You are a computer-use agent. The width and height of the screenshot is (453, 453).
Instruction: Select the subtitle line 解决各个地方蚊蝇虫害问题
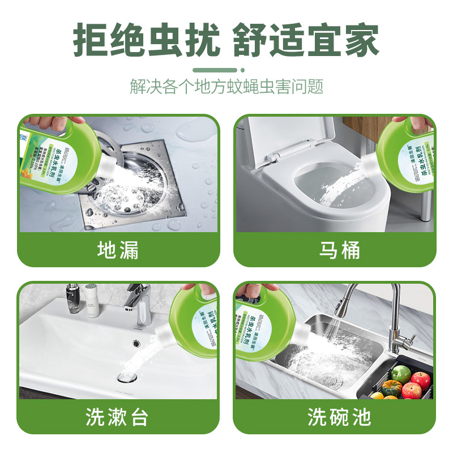(226, 87)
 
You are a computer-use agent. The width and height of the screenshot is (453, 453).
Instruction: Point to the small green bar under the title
(226, 70)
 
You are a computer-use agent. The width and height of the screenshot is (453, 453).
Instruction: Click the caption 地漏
(118, 250)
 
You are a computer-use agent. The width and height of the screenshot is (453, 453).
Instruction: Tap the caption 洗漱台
(118, 417)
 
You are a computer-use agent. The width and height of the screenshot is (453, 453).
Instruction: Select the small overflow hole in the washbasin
(136, 342)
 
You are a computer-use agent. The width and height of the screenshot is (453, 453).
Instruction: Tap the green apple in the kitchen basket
(400, 374)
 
